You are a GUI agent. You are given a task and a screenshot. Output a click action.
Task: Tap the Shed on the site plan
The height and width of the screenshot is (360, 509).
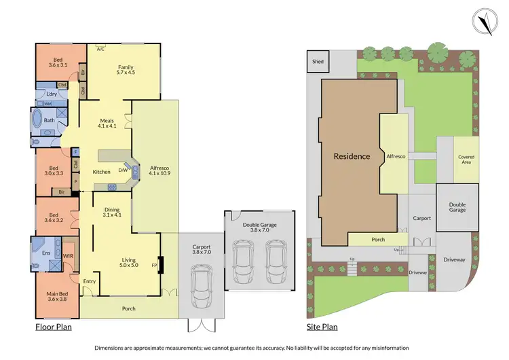pos(318,62)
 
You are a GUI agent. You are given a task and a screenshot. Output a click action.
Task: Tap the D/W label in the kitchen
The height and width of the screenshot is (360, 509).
pos(124,170)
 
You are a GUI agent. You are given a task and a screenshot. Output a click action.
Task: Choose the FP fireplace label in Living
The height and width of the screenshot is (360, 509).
pos(154,265)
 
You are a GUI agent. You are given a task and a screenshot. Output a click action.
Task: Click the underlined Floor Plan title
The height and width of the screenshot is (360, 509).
pos(54,327)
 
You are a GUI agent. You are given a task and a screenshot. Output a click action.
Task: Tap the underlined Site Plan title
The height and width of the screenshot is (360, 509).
pos(322,327)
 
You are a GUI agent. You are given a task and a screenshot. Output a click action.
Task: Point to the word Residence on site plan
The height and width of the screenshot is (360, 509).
pos(352,156)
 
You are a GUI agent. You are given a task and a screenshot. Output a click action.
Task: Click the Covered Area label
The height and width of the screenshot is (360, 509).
pos(466,160)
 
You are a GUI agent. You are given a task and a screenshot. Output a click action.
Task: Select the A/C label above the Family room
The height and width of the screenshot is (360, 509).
pos(100,49)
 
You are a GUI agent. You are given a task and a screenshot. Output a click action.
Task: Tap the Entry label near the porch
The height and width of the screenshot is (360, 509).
pos(90,281)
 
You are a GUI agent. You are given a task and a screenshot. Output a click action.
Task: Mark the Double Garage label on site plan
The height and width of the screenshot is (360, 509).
pos(457,206)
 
